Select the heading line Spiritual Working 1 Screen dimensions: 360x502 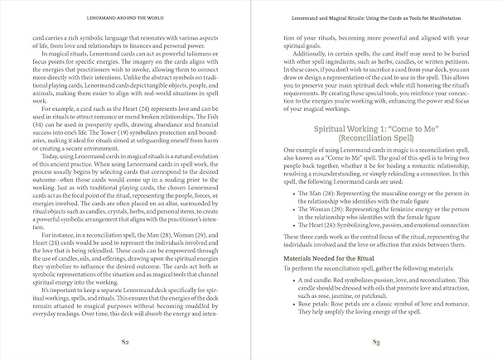click(x=375, y=130)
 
